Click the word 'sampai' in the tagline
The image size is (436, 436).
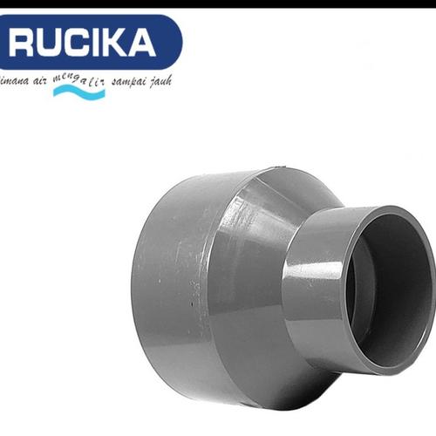point(125,80)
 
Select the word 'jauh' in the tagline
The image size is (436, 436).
point(160,80)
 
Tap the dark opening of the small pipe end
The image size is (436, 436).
point(397,279)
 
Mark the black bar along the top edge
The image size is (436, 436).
point(218,3)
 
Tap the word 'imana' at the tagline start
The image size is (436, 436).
point(13,81)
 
